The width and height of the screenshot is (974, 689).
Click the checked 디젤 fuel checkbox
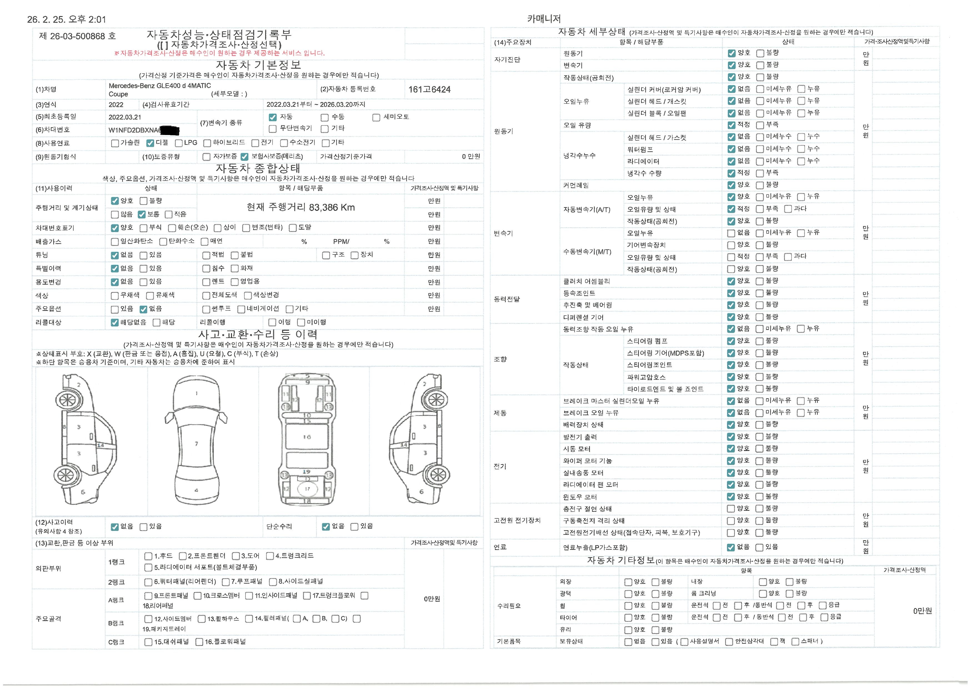pyautogui.click(x=150, y=143)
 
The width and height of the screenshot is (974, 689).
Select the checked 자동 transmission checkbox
pyautogui.click(x=273, y=117)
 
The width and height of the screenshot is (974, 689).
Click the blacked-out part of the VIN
pyautogui.click(x=170, y=130)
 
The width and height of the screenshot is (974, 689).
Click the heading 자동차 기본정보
pyautogui.click(x=258, y=65)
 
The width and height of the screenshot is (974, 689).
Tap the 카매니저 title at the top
pyautogui.click(x=544, y=19)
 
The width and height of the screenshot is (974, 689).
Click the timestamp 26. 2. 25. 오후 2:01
pyautogui.click(x=67, y=19)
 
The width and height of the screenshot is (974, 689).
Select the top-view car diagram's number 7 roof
pyautogui.click(x=196, y=444)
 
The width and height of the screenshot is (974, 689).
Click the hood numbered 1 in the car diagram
pyautogui.click(x=196, y=393)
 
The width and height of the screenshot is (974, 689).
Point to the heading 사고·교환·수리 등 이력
pyautogui.click(x=258, y=334)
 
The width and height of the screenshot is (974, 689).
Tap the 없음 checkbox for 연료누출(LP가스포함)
pyautogui.click(x=731, y=547)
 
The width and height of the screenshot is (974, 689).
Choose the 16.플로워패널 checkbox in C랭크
pyautogui.click(x=199, y=642)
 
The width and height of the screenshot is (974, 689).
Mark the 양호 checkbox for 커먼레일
pyautogui.click(x=731, y=185)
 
